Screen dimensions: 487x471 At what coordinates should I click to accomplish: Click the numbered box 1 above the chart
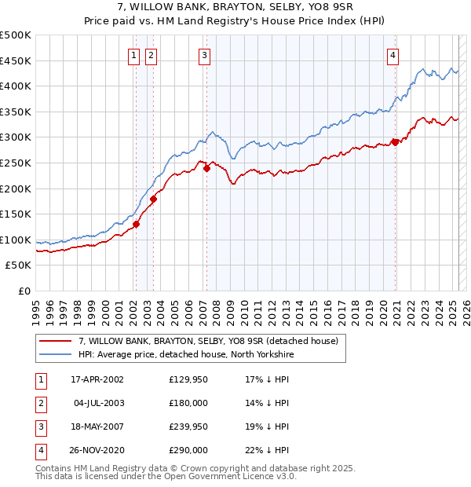pos(134,55)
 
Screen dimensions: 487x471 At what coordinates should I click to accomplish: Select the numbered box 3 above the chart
pos(204,55)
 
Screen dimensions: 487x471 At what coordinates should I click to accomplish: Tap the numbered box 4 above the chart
pos(392,55)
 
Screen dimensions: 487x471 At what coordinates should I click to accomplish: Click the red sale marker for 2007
pos(206,167)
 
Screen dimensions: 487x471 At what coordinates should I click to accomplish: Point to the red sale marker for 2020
pos(395,141)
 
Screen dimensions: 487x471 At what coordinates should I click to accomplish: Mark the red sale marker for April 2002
pos(136,224)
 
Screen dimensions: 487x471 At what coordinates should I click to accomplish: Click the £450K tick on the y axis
pos(16,60)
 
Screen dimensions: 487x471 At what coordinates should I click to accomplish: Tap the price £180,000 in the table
pos(188,403)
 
